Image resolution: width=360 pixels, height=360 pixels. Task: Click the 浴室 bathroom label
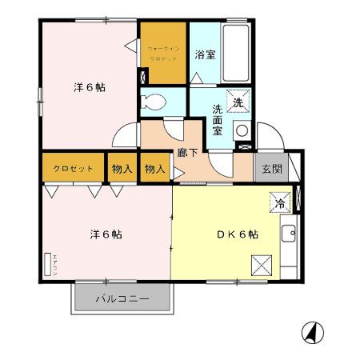click(206, 55)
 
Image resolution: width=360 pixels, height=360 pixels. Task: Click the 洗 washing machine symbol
click(239, 102)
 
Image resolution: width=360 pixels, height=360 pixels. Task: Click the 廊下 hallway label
click(189, 150)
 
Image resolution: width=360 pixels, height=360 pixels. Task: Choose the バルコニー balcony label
click(122, 300)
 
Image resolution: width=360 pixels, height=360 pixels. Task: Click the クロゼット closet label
click(73, 169)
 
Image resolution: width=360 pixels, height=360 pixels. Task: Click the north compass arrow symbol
click(311, 330)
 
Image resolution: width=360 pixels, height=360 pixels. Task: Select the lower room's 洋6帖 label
click(103, 234)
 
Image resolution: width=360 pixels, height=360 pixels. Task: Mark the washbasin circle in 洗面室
click(241, 130)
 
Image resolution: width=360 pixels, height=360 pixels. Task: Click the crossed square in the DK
click(262, 263)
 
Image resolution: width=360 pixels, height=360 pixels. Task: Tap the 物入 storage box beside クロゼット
click(122, 169)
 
